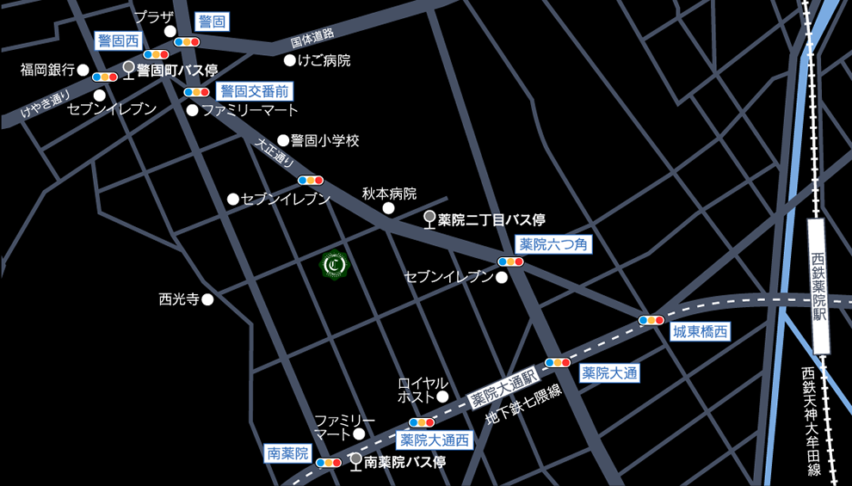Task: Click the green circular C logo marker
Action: pos(334,266)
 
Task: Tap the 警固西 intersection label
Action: pos(118,40)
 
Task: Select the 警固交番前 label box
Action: pos(255,91)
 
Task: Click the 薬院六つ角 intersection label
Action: pos(554,245)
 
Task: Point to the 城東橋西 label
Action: pos(701,331)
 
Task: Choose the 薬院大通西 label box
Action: pos(435,440)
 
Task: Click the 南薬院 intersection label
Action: pos(287,453)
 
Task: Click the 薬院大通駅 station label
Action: pos(503,388)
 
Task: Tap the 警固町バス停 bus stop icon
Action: pos(129,71)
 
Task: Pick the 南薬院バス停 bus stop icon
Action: pos(355,462)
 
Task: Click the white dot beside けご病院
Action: pos(290,61)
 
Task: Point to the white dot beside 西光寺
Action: pos(207,299)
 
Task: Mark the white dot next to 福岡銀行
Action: pos(83,70)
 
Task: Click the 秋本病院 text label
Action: pos(389,194)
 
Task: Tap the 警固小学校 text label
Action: pos(324,140)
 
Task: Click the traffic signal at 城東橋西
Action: pos(651,320)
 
